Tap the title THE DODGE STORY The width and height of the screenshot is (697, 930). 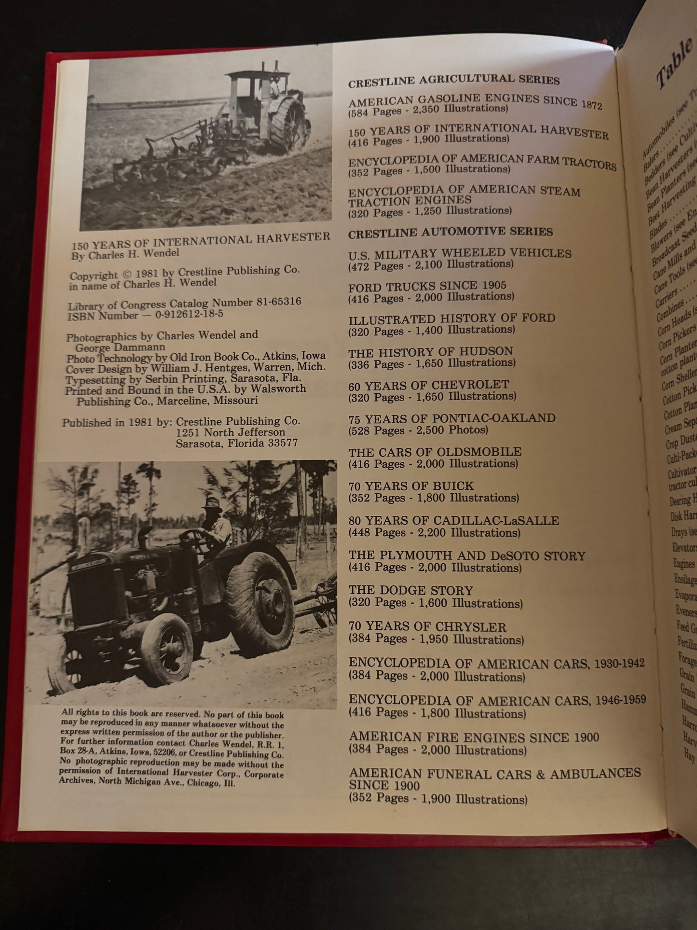[410, 591]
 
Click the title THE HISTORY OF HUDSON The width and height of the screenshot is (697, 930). [430, 352]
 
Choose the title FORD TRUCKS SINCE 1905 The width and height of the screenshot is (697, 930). [427, 286]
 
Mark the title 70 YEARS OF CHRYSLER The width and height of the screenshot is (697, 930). [427, 627]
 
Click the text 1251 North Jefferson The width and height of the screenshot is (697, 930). [230, 432]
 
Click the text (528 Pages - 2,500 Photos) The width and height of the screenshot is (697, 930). [418, 430]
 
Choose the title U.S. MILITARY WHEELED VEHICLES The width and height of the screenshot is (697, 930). [460, 253]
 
